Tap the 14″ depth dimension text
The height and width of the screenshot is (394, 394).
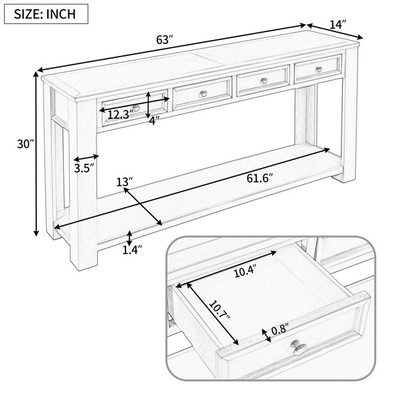(338, 24)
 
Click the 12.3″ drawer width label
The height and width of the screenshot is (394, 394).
(120, 114)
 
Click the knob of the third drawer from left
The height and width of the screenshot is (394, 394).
(263, 81)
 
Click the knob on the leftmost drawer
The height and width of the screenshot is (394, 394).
(136, 108)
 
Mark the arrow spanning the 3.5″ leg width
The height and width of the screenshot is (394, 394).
(86, 158)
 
